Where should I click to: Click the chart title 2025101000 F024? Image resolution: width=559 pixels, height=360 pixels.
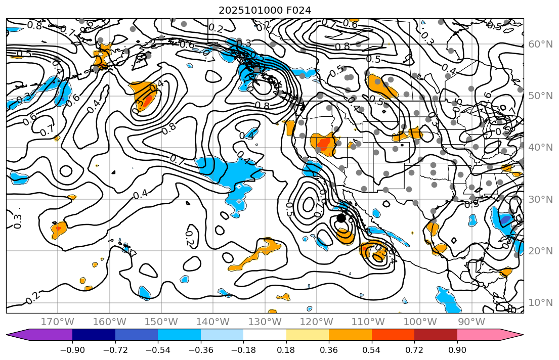265,10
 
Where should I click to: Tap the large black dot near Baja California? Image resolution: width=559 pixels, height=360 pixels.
341,218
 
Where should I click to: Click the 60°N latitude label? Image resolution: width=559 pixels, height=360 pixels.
540,44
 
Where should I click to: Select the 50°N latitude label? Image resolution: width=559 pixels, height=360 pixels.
540,96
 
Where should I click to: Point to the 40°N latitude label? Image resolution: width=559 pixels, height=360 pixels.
540,147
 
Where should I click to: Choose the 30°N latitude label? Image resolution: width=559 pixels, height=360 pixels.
540,199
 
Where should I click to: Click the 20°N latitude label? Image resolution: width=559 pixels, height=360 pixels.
540,251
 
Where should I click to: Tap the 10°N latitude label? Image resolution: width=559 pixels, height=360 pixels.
540,302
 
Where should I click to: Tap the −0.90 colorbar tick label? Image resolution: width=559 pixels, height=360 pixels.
72,350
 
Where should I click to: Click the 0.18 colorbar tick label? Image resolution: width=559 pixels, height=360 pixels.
286,350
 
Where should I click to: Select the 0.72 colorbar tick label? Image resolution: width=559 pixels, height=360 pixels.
414,350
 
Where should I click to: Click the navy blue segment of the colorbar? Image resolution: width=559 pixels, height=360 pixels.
94,335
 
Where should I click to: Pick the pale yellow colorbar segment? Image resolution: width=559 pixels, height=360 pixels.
308,335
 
